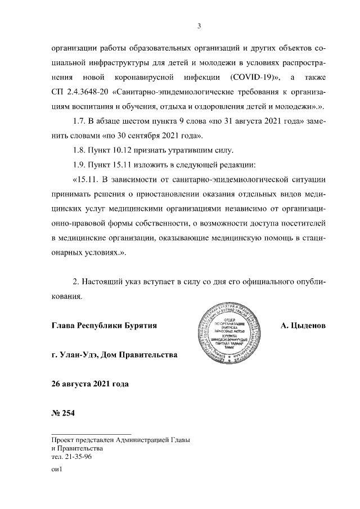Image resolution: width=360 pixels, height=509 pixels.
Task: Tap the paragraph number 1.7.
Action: (80, 121)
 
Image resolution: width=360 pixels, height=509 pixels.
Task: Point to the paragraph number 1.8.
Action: (80, 151)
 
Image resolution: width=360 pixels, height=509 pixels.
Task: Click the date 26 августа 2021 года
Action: (89, 385)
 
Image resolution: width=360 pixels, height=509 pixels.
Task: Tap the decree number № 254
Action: (62, 415)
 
